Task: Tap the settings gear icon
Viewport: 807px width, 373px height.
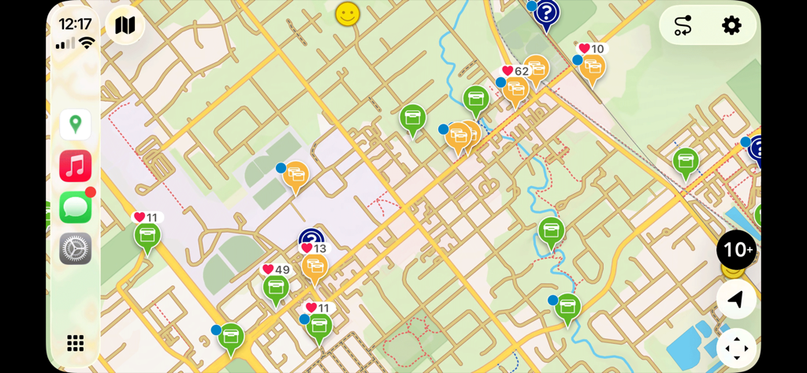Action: (x=731, y=25)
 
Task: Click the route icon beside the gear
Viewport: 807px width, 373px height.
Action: (x=682, y=25)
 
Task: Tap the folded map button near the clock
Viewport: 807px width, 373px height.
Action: (x=125, y=25)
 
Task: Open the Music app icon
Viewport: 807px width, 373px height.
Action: (x=76, y=166)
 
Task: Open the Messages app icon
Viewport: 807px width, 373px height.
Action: (x=76, y=207)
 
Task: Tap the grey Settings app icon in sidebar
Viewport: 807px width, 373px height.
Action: (x=76, y=248)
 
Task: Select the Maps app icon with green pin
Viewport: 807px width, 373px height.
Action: (x=76, y=125)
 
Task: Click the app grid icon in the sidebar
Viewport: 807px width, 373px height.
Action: (x=76, y=342)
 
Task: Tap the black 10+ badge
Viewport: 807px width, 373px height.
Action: (x=736, y=250)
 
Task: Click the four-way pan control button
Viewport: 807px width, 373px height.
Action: (x=736, y=348)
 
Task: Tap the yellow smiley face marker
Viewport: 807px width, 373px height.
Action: (x=348, y=14)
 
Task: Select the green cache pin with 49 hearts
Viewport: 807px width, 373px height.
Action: (x=276, y=289)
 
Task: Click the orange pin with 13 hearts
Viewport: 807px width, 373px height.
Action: (x=314, y=267)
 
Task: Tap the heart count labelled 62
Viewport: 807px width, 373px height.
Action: (x=515, y=71)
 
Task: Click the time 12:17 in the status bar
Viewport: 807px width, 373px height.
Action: (x=75, y=24)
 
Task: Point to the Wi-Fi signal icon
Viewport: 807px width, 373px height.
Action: (x=87, y=43)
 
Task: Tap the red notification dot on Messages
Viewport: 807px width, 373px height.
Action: (x=91, y=192)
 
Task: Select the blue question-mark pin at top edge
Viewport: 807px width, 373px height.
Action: (x=546, y=13)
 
